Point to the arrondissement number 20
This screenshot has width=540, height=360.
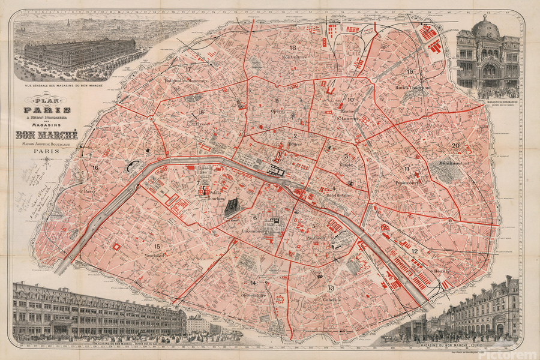tap(455, 146)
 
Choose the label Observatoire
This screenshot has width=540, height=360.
tap(253, 295)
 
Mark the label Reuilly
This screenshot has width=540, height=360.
tap(442, 271)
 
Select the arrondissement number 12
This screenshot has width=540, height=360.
tap(415, 251)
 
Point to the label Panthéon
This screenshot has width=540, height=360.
tap(317, 238)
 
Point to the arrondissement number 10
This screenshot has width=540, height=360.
tap(351, 100)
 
